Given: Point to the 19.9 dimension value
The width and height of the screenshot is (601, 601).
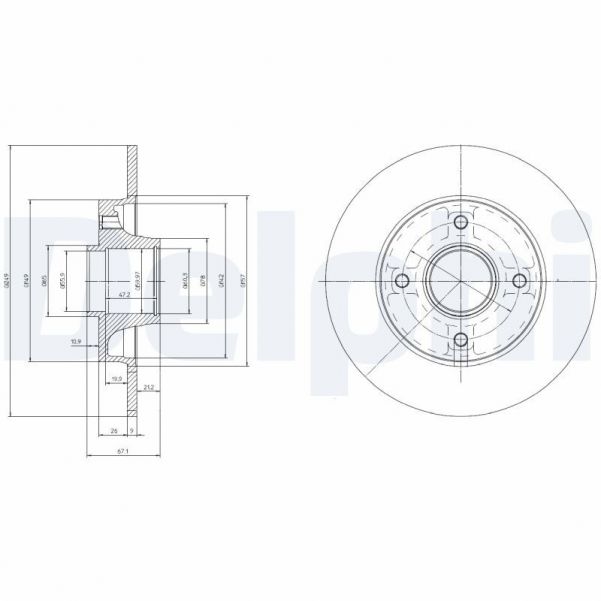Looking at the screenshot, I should [116, 379].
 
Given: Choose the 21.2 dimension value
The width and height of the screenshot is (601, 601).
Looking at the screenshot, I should [148, 387].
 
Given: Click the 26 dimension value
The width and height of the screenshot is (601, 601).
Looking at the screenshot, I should [113, 431].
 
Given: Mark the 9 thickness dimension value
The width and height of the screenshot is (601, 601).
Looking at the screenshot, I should [132, 431].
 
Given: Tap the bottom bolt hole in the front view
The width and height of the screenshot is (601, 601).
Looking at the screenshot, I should [460, 341].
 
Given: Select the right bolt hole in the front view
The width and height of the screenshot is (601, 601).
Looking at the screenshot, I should [519, 282].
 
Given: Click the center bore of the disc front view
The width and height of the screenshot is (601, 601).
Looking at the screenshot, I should [460, 282].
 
